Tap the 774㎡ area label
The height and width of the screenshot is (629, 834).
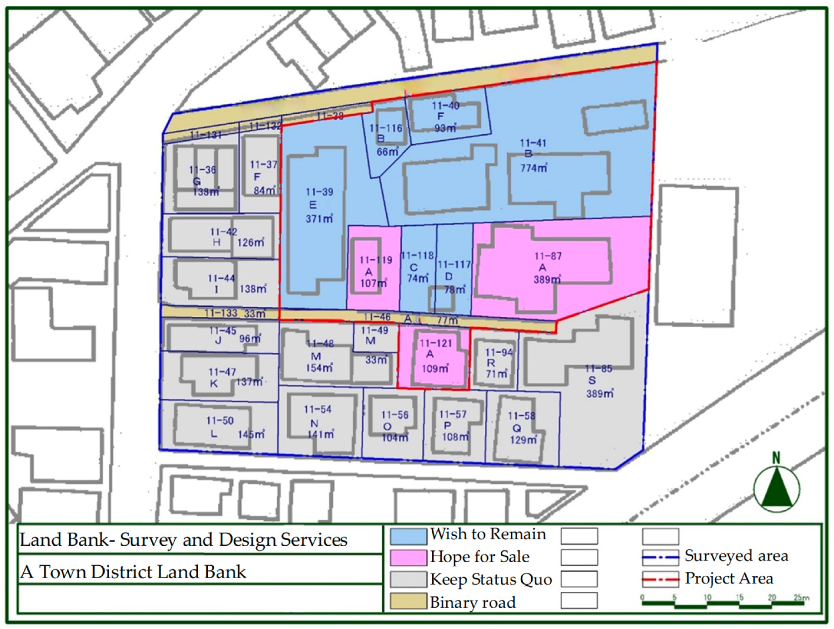[534, 168]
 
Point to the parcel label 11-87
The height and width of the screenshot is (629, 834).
[548, 256]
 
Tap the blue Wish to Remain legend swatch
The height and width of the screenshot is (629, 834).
[408, 536]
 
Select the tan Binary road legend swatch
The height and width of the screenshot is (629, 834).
[408, 601]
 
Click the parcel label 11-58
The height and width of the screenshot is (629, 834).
[521, 416]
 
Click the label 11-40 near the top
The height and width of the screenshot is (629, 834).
[445, 106]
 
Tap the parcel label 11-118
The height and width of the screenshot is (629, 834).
[417, 256]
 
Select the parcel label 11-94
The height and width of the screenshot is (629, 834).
[498, 353]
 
